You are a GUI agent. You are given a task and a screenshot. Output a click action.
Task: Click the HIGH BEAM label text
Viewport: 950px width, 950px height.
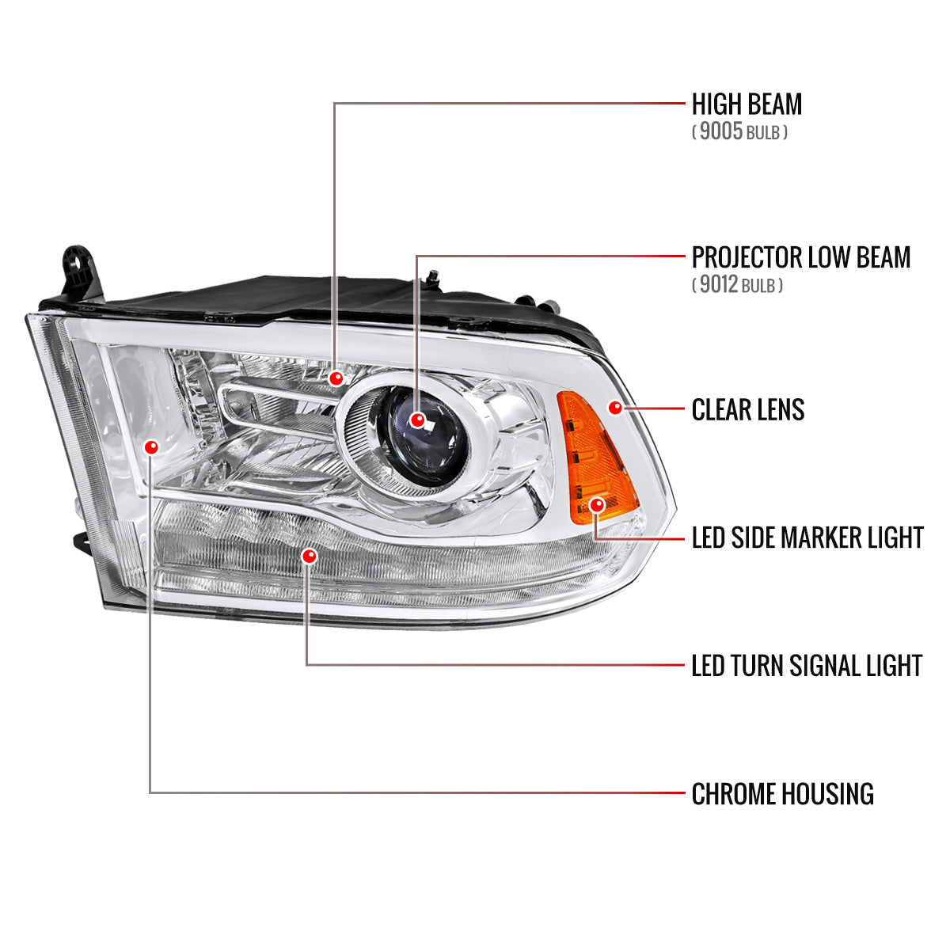coord(747,104)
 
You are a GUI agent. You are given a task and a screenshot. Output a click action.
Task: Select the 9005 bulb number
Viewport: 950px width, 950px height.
coord(720,131)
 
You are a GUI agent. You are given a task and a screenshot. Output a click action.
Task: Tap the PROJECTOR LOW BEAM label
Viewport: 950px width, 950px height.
coord(800,257)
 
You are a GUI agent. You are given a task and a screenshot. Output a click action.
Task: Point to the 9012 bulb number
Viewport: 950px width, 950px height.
coord(719,284)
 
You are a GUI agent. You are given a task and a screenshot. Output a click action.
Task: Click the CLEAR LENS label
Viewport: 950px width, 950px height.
coord(747,410)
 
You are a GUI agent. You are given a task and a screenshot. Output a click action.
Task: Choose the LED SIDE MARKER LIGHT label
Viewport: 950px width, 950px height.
coord(807,538)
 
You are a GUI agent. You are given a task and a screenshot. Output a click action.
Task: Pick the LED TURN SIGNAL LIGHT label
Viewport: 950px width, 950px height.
coord(806,666)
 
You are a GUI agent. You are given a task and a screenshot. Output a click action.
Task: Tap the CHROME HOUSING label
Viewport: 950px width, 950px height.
coord(782,794)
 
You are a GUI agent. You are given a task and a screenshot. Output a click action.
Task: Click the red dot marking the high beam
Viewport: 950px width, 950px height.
coord(336,378)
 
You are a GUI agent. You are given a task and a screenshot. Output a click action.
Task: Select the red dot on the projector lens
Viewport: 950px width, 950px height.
coord(418,420)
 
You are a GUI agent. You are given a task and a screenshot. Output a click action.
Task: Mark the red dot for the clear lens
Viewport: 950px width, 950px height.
coord(615,408)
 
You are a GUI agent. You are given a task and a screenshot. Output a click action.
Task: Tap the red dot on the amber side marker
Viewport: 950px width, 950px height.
coord(598,504)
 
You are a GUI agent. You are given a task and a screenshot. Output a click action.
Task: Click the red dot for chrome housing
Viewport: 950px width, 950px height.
coord(151,447)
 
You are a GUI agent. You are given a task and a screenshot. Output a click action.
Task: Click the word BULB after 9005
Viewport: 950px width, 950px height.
coord(762,133)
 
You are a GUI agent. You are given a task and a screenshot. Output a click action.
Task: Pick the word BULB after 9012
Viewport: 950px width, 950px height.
coord(758,286)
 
